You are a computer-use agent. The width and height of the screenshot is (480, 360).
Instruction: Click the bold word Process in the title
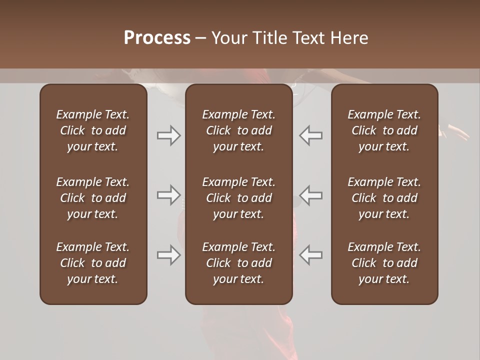157,38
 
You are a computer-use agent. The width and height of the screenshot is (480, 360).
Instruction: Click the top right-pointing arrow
168,135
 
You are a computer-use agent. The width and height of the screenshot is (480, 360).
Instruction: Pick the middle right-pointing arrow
168,195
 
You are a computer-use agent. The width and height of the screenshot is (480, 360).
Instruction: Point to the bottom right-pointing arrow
168,255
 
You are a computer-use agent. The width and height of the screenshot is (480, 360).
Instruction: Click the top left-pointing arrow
310,135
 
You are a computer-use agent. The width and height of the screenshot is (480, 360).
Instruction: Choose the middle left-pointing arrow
310,195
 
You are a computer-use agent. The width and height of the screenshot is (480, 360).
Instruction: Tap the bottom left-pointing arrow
310,255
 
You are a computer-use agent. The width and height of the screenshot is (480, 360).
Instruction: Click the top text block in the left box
93,130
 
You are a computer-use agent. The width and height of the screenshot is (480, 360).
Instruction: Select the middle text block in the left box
93,198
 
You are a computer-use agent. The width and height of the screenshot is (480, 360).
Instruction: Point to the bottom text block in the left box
93,263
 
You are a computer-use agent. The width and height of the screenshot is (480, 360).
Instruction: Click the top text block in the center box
238,130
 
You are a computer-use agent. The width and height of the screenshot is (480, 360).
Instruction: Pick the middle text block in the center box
238,198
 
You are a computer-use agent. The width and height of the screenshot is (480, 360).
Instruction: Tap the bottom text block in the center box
238,263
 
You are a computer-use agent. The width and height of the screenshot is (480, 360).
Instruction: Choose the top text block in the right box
384,130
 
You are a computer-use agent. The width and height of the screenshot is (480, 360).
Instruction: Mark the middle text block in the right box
384,198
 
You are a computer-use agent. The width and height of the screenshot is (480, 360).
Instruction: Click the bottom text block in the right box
384,263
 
